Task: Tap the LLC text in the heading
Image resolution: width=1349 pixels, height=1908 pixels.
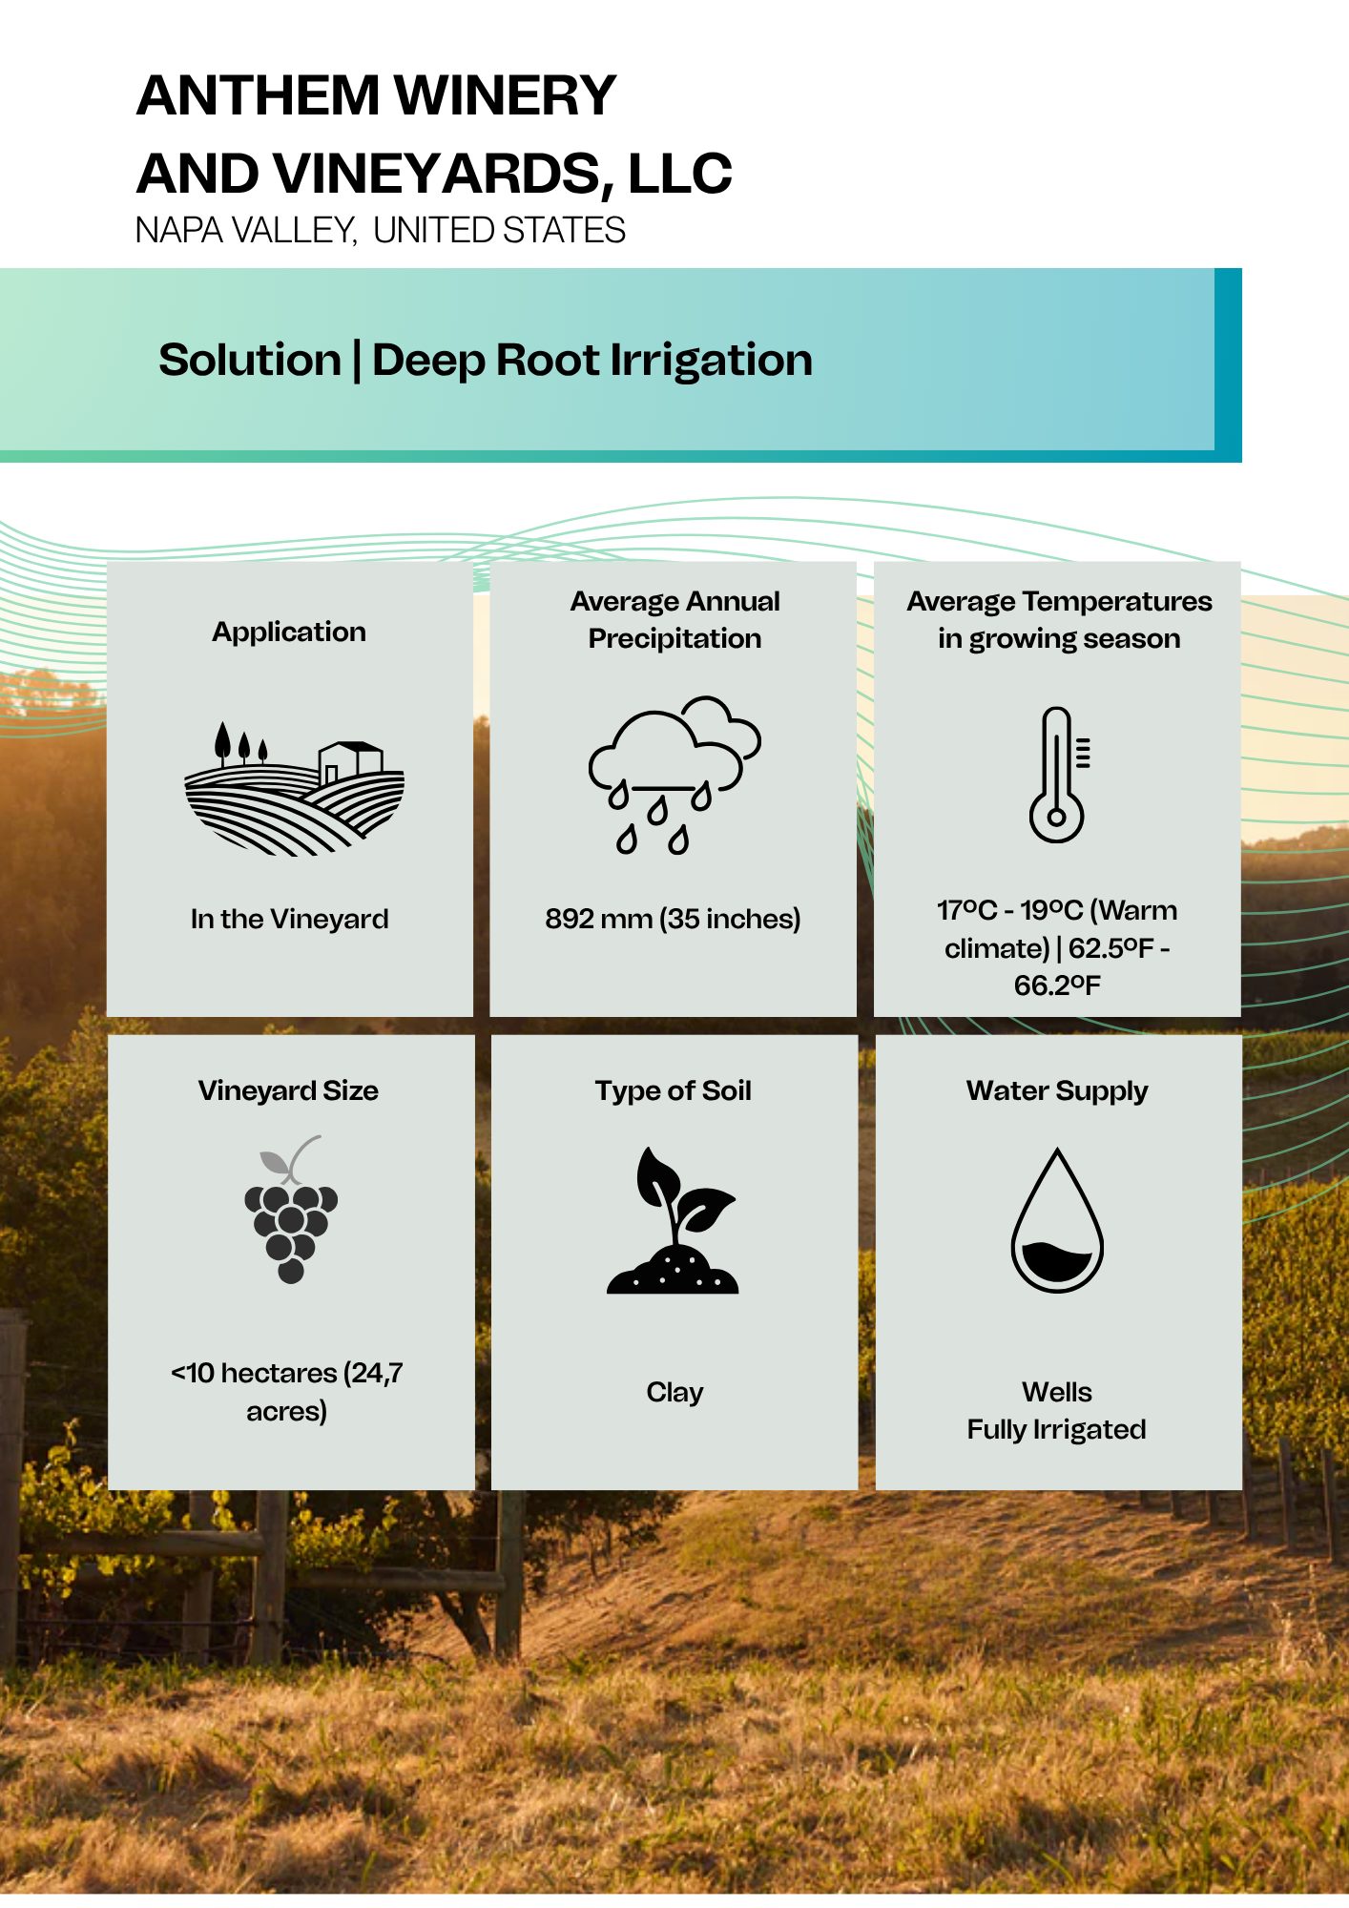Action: pyautogui.click(x=679, y=174)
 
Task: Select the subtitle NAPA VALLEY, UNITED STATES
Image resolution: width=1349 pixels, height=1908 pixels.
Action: pyautogui.click(x=381, y=231)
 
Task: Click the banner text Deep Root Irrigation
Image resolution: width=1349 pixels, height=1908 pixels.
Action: pyautogui.click(x=592, y=361)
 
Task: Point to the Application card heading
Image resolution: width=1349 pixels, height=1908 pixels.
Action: pyautogui.click(x=289, y=632)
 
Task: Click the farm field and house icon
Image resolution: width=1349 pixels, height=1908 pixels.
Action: pyautogui.click(x=294, y=788)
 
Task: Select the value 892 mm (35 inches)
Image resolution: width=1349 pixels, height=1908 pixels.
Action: pyautogui.click(x=673, y=919)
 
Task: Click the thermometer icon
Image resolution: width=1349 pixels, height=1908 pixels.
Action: pyautogui.click(x=1059, y=775)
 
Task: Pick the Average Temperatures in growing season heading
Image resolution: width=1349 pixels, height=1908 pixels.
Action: pyautogui.click(x=1059, y=619)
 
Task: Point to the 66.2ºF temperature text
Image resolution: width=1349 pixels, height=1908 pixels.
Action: pyautogui.click(x=1057, y=985)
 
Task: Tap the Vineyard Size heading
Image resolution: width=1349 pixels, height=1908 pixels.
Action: pyautogui.click(x=288, y=1090)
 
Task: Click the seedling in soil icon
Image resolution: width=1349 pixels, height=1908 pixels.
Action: pyautogui.click(x=674, y=1220)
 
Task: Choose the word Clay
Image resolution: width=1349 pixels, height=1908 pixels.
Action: pyautogui.click(x=674, y=1393)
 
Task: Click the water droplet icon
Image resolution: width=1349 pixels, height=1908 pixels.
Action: pyautogui.click(x=1057, y=1220)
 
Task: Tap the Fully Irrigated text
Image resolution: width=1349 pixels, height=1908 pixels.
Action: pyautogui.click(x=1056, y=1429)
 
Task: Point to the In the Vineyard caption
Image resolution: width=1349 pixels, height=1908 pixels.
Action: pyautogui.click(x=289, y=919)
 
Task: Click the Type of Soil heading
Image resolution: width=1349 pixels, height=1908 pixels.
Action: pyautogui.click(x=674, y=1090)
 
